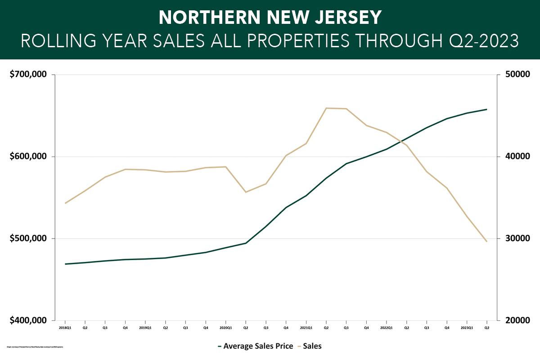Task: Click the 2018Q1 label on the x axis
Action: (65, 328)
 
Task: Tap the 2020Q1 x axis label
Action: (225, 328)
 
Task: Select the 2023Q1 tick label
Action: (467, 328)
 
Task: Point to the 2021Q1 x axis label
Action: (306, 328)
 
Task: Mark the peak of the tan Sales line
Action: (326, 108)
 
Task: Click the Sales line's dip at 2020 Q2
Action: (246, 192)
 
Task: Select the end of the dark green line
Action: (486, 109)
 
